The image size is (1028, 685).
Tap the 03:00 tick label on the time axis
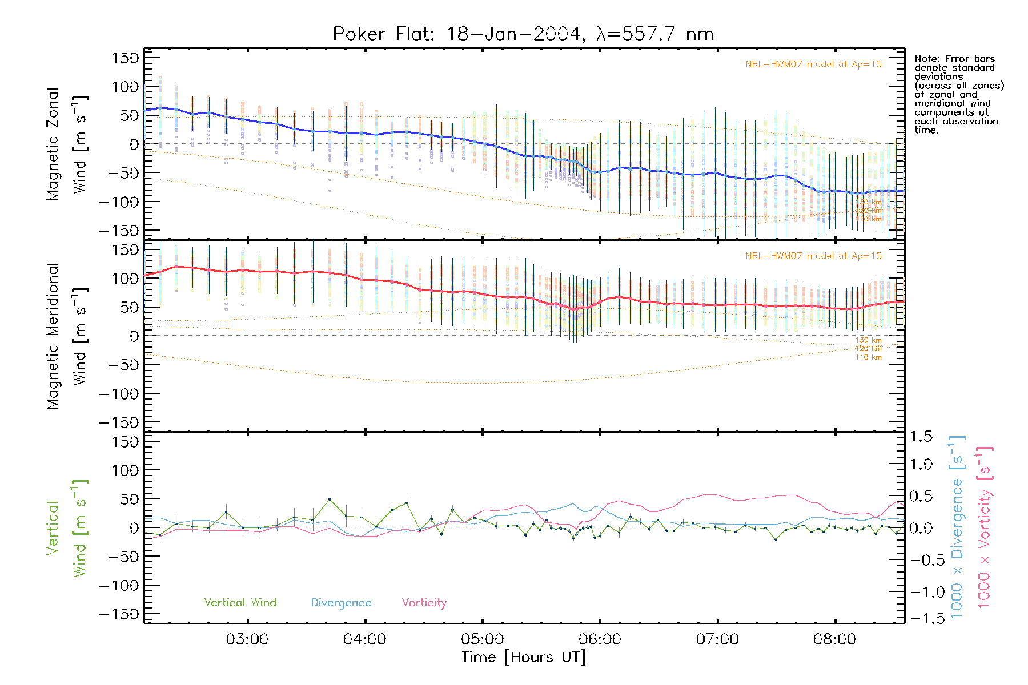coord(247,639)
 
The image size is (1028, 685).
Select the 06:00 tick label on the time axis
coord(600,639)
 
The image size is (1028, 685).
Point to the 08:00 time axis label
coord(834,639)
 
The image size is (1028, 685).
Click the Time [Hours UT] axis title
coord(524,657)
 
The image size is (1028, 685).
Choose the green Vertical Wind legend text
coord(240,603)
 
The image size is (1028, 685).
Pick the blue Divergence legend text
coord(341,603)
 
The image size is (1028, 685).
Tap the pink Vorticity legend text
coord(424,603)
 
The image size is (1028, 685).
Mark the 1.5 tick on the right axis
coord(921,437)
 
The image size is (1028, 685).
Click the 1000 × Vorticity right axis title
coord(985,527)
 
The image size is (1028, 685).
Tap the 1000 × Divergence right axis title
coord(957,527)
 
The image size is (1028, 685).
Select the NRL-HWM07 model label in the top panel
coord(813,65)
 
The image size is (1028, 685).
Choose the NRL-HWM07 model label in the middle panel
coord(813,256)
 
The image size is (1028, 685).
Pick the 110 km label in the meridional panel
coord(868,357)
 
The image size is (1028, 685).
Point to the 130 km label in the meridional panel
coord(868,340)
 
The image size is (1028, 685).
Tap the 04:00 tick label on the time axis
coord(364,639)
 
